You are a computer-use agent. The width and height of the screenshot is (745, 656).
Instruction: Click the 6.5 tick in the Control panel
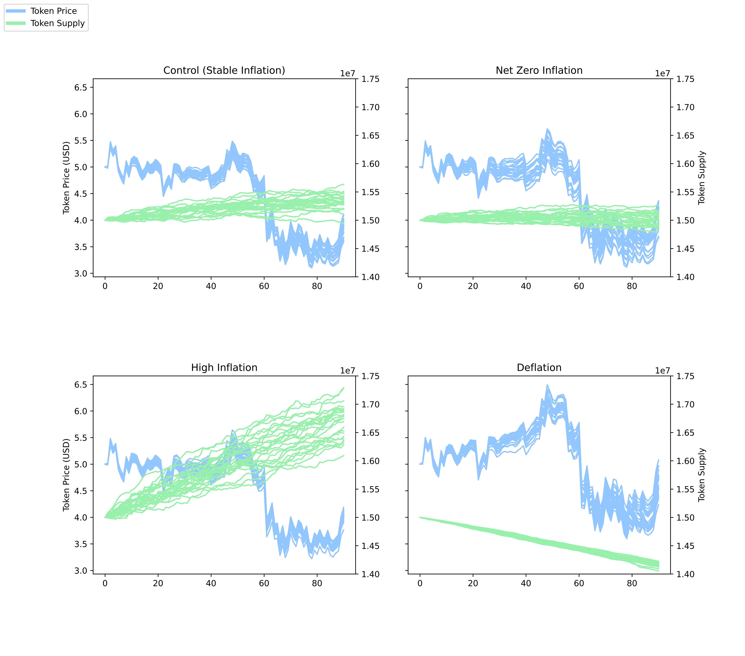81,88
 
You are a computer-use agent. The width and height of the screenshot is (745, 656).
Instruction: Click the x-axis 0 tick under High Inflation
105,583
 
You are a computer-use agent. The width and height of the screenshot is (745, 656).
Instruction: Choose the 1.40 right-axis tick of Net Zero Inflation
685,277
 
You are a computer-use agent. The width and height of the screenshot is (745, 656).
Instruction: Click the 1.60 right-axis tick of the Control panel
370,164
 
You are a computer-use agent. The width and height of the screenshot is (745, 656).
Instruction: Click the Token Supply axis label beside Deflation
702,475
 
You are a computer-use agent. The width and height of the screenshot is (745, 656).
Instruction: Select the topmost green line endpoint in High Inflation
343,388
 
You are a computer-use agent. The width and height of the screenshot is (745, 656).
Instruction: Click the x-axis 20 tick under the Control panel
158,286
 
